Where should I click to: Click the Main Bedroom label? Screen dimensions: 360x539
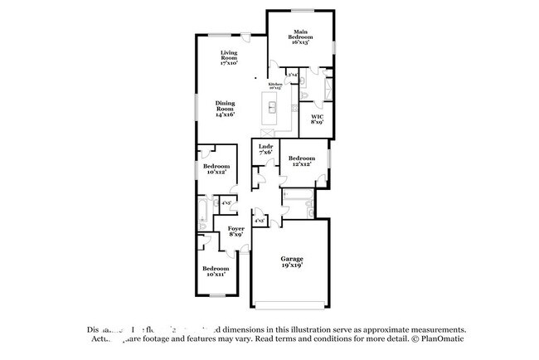300,37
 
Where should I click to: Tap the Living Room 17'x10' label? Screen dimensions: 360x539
229,58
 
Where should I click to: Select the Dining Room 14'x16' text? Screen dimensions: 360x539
226,109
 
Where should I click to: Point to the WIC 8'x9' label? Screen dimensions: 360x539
317,119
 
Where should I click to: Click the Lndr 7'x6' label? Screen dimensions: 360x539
265,149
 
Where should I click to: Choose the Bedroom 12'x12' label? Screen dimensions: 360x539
301,161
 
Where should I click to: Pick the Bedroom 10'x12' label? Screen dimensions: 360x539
216,169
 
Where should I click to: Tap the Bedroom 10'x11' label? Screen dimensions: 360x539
216,271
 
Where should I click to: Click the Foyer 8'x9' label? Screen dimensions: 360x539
236,231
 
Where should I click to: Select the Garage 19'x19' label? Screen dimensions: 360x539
290,261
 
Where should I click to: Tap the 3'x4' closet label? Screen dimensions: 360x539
293,75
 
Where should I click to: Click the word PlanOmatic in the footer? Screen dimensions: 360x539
441,339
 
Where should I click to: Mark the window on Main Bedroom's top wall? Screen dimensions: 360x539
300,11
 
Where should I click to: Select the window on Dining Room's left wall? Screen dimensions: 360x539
197,107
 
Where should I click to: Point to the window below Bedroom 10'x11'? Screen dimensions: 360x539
217,296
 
